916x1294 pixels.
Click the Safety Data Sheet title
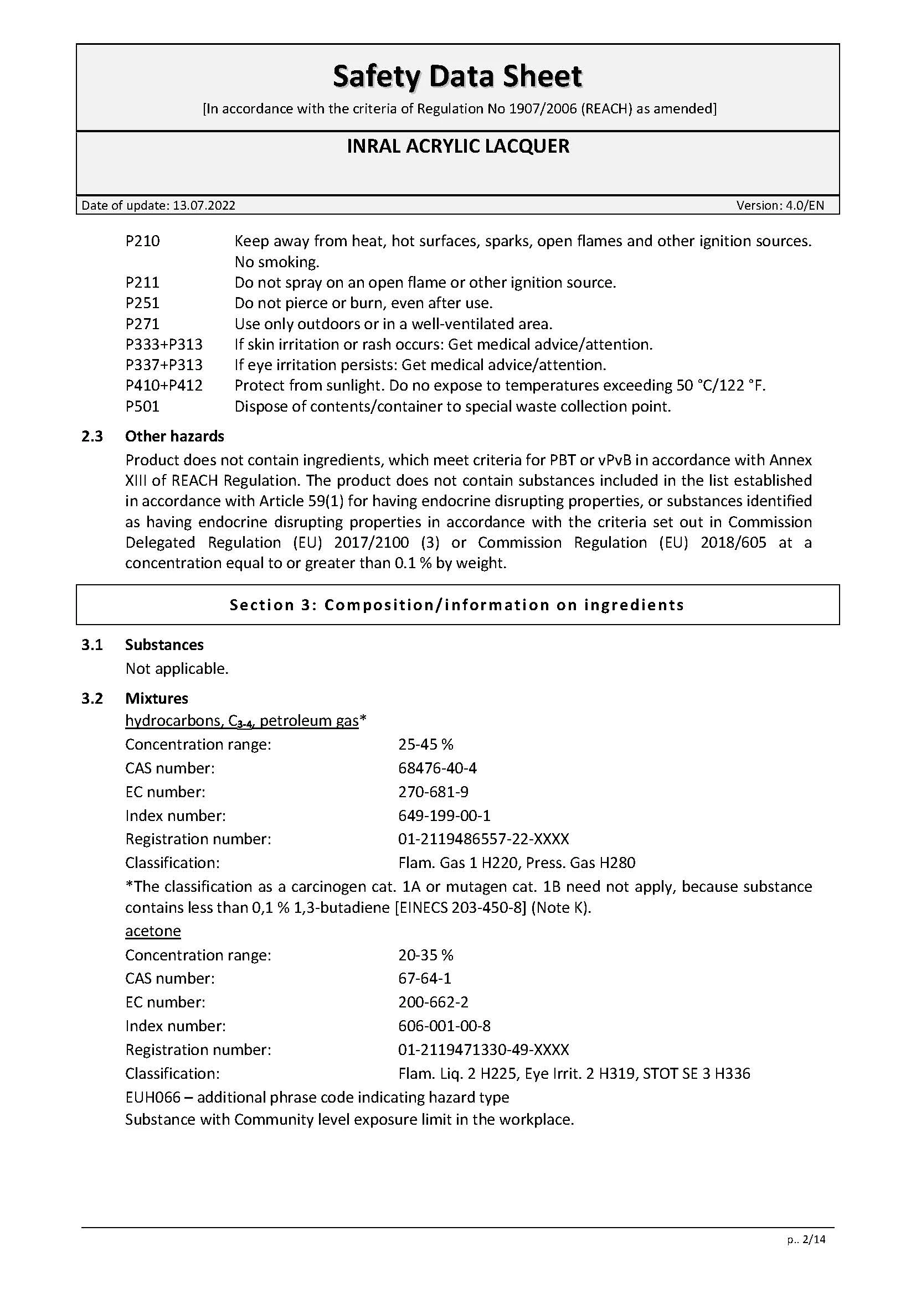(457, 76)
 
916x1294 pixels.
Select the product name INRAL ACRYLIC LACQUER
(457, 146)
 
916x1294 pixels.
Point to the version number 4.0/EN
(805, 205)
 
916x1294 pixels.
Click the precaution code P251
(142, 303)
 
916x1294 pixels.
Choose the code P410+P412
(163, 386)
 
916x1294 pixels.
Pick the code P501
(142, 407)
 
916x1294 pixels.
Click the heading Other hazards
(174, 436)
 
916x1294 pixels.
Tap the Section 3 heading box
(457, 605)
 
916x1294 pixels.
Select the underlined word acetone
(153, 931)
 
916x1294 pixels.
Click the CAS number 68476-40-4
(437, 768)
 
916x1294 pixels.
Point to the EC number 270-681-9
(433, 792)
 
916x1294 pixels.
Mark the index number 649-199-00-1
(445, 815)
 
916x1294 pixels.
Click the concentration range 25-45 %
(425, 745)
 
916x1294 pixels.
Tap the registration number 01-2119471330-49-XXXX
(483, 1049)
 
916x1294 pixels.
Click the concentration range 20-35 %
(425, 955)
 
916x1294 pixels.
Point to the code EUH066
(153, 1097)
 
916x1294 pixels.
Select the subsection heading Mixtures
(157, 698)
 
